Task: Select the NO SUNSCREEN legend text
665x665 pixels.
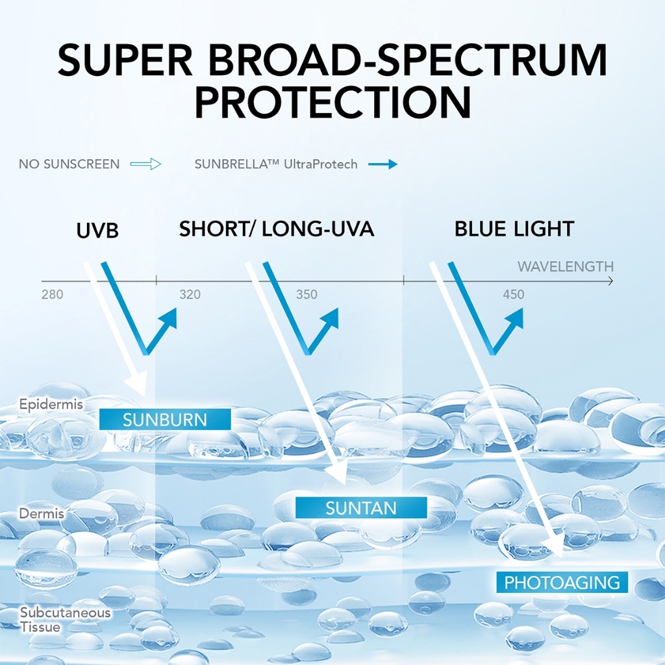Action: pyautogui.click(x=69, y=164)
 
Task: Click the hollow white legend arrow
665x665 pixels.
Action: pyautogui.click(x=145, y=164)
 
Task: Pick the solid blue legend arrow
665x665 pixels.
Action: pyautogui.click(x=383, y=164)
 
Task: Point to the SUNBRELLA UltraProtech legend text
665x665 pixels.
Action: pyautogui.click(x=276, y=164)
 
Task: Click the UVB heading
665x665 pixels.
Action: pyautogui.click(x=97, y=230)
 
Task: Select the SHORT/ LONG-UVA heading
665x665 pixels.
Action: pyautogui.click(x=277, y=229)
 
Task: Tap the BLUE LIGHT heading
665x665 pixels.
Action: pyautogui.click(x=514, y=229)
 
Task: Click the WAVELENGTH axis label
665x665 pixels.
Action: pyautogui.click(x=565, y=267)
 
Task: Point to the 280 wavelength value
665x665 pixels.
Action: pyautogui.click(x=52, y=295)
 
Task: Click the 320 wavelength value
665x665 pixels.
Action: pyautogui.click(x=190, y=295)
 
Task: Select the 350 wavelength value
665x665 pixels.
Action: pyautogui.click(x=307, y=295)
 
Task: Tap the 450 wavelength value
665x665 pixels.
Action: pyautogui.click(x=513, y=295)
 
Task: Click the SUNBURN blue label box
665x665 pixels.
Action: pyautogui.click(x=165, y=420)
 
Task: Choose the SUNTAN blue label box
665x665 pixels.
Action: pyautogui.click(x=361, y=507)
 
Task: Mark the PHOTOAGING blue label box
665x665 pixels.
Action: pyautogui.click(x=562, y=582)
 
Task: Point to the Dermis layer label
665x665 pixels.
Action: pyautogui.click(x=42, y=514)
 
